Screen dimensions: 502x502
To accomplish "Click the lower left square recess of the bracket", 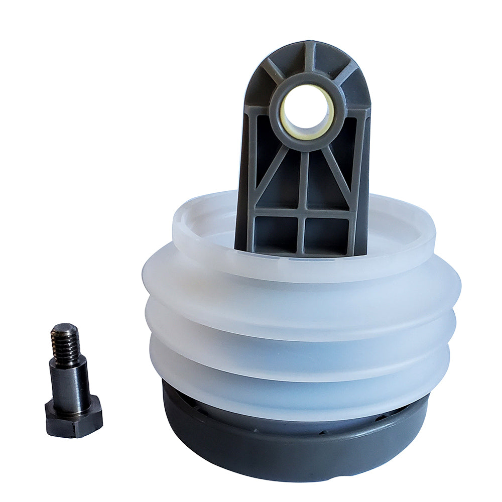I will click(275, 234).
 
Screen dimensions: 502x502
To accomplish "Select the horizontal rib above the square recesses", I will click(301, 212).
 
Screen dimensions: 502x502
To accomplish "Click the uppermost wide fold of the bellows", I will click(301, 296).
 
